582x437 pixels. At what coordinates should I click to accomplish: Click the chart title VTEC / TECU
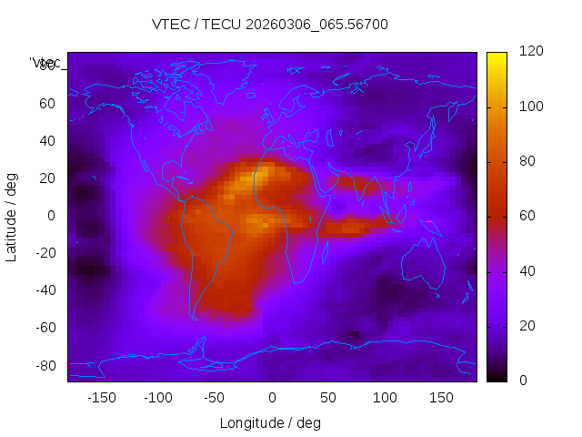pos(270,25)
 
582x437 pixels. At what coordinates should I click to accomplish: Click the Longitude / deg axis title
pos(270,423)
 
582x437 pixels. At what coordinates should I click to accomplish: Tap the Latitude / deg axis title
pos(12,216)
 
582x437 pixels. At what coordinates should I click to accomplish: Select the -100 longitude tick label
pos(157,398)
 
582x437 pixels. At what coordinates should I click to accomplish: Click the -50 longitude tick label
pos(215,398)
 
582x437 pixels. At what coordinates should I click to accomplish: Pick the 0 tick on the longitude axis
pos(271,398)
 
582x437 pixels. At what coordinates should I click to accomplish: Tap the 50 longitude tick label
pos(327,398)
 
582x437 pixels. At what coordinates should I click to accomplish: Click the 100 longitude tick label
pos(385,398)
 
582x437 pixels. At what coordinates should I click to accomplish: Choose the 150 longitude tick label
pos(441,398)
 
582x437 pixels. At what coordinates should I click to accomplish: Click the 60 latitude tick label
pos(47,103)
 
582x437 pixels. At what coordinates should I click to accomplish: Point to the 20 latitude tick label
pos(47,178)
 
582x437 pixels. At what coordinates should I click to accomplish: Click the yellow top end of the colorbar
pos(496,56)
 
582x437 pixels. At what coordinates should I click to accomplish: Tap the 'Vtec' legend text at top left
pos(45,63)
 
